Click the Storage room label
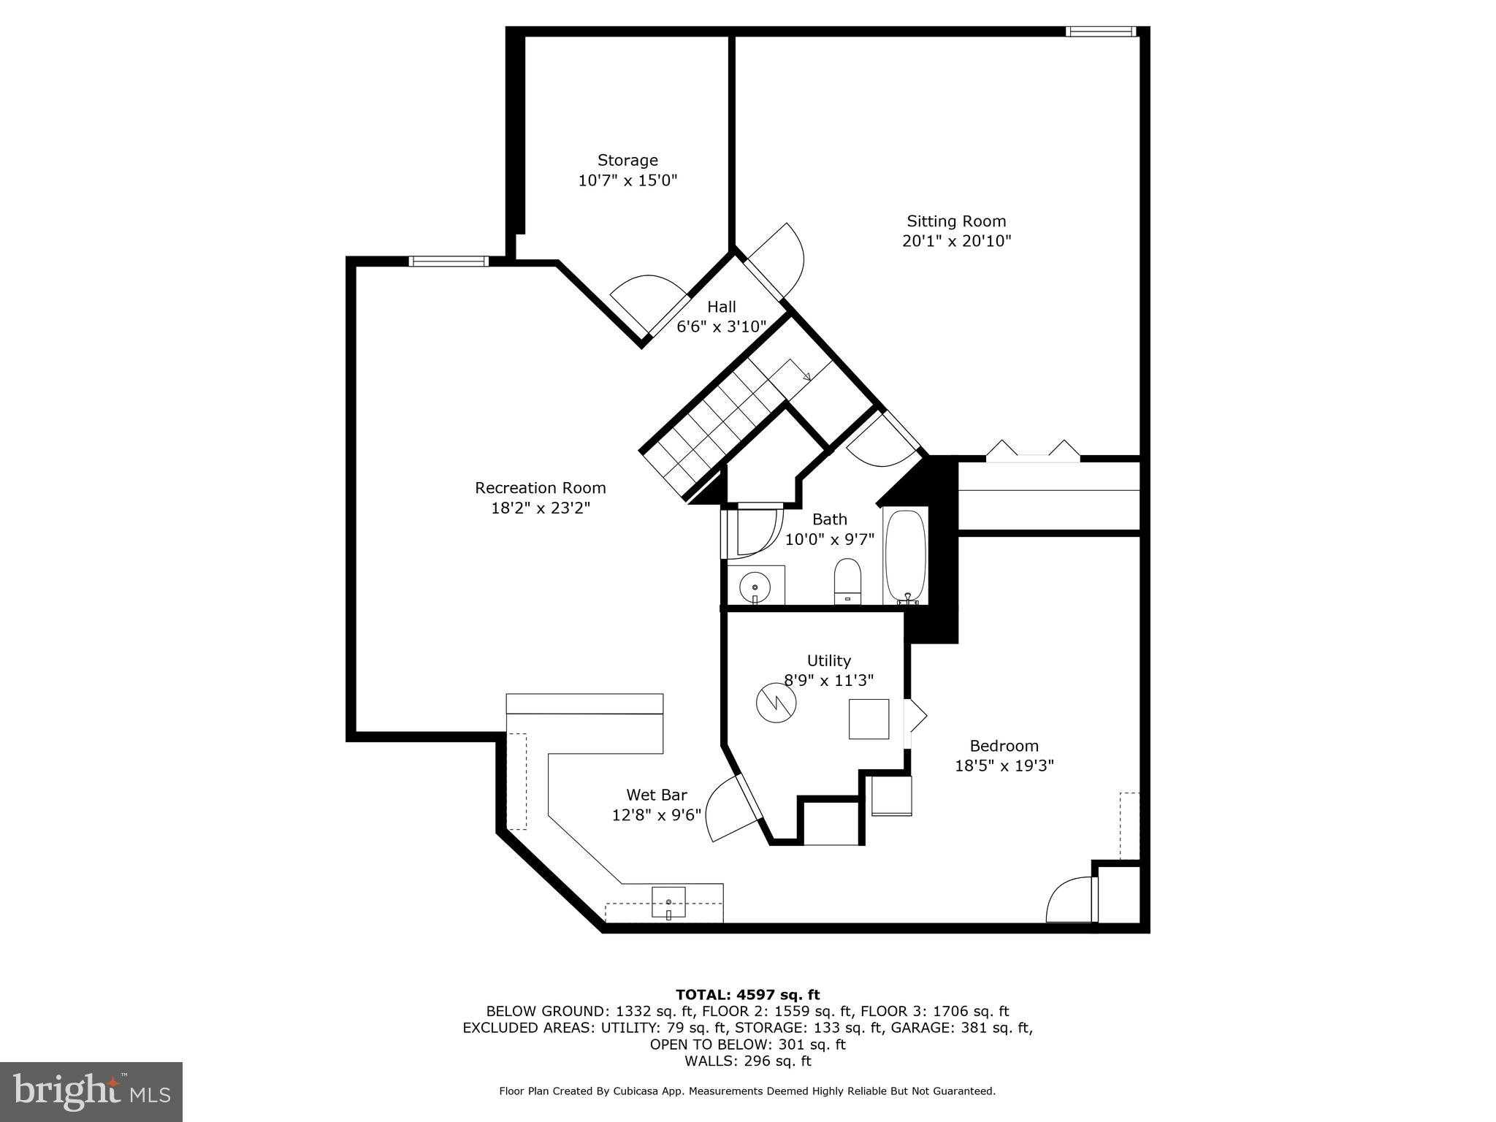(627, 160)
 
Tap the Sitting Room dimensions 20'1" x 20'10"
(956, 241)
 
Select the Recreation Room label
(541, 487)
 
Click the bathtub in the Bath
(905, 556)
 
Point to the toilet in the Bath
(848, 581)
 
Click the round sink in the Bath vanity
(755, 587)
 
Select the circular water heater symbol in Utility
(776, 703)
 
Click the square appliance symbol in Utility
(869, 720)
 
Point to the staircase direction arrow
(806, 376)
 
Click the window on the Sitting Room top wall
(1101, 31)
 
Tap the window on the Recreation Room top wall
(448, 262)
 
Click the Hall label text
(721, 307)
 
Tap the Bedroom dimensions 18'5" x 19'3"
(1004, 766)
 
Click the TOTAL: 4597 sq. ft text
(747, 994)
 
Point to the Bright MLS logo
(91, 1092)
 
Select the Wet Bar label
(656, 795)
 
